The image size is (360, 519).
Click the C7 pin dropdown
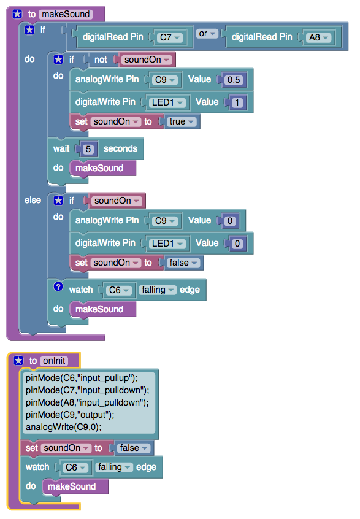tap(170, 37)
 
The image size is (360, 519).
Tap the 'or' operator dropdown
tap(207, 33)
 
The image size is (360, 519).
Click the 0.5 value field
tap(234, 80)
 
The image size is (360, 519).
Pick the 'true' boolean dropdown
tap(182, 122)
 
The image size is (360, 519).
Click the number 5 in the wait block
tap(88, 149)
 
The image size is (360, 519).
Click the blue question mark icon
tap(58, 286)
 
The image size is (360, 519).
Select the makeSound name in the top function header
tap(66, 14)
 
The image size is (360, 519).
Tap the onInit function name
tap(54, 361)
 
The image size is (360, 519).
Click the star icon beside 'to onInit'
tap(18, 361)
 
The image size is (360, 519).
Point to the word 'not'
tap(101, 60)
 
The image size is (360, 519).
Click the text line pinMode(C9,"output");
tap(70, 415)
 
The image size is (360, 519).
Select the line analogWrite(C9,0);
tap(64, 427)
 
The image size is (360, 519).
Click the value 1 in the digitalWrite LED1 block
tap(237, 102)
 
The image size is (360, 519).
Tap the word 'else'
tap(33, 200)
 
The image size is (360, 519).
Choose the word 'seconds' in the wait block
tap(120, 148)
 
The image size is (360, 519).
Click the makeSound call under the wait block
tap(99, 168)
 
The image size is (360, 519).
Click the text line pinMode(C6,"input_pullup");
tap(82, 378)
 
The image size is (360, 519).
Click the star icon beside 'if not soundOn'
tap(58, 60)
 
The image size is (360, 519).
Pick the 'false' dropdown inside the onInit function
tap(133, 448)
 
